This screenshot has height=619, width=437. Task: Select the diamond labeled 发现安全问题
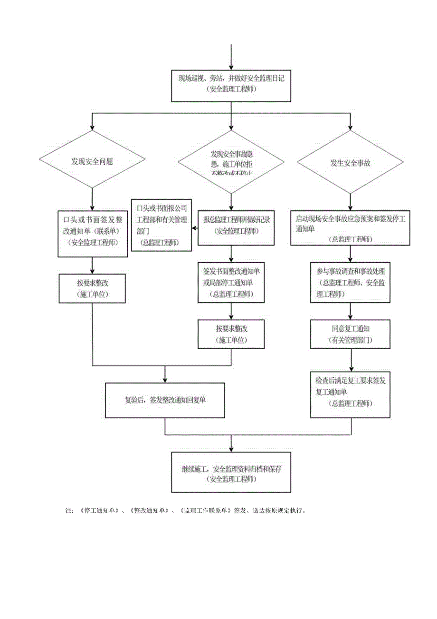coord(92,162)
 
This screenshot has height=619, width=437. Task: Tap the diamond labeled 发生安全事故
coord(351,162)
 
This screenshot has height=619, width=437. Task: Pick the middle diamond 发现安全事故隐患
coord(231,163)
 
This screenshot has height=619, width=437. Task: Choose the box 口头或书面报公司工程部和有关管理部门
coord(161,225)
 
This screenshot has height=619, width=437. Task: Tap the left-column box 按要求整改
coord(92,288)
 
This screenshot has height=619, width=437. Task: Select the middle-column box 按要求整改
coord(231,334)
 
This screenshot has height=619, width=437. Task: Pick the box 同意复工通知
coord(351,334)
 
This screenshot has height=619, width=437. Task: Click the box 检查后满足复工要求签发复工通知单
coord(351,394)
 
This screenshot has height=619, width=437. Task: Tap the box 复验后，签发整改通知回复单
coord(165,400)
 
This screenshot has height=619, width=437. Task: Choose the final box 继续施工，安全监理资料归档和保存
coord(231,472)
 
